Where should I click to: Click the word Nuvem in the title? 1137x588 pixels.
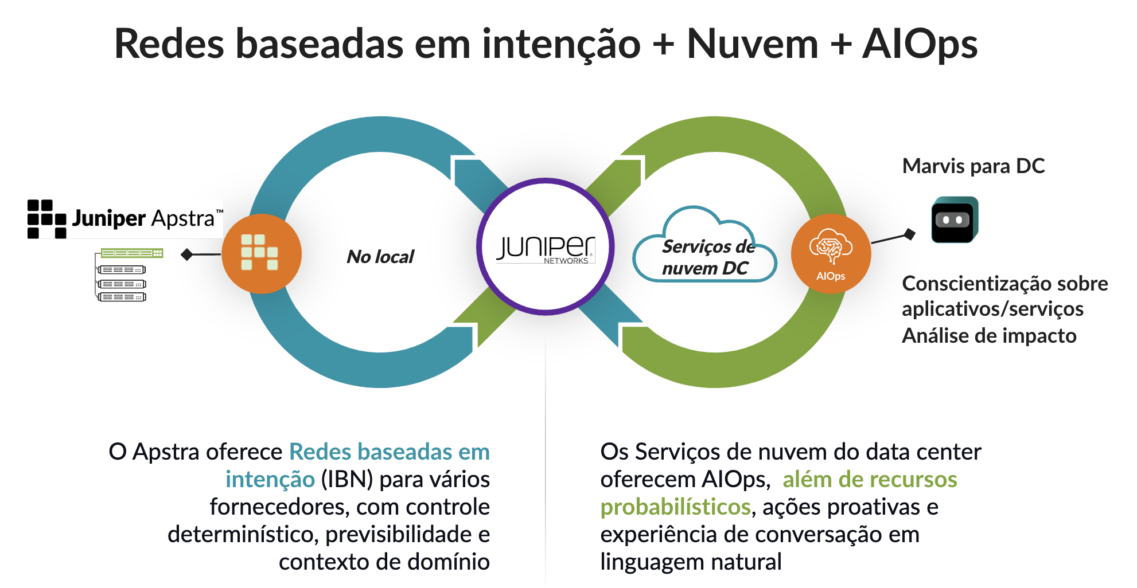(x=752, y=44)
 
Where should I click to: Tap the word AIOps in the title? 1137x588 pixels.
(x=920, y=44)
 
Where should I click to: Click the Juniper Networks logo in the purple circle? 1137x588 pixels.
(x=546, y=248)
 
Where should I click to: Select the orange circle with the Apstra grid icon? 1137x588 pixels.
(x=262, y=254)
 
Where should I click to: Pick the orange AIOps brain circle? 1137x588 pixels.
(x=831, y=254)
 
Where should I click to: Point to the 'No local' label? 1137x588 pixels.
(x=380, y=257)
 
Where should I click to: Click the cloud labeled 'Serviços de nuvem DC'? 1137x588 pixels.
(x=705, y=252)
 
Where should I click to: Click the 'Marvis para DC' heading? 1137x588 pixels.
(x=973, y=166)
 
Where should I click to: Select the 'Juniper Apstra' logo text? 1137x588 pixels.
(x=143, y=218)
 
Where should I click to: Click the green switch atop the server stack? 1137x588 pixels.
(x=132, y=253)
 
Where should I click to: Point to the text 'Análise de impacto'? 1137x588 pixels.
(x=989, y=336)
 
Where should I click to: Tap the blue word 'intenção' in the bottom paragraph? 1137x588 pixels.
(x=270, y=479)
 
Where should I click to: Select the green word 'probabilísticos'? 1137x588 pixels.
(x=675, y=507)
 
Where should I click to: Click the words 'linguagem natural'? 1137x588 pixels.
(x=691, y=562)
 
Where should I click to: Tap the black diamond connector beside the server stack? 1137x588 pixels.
(x=186, y=254)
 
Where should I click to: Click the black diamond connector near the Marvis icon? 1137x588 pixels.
(x=909, y=234)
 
